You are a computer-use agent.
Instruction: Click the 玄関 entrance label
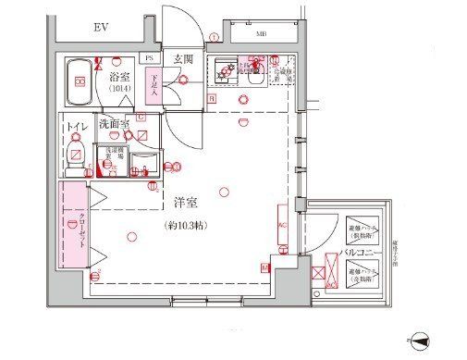coord(182,60)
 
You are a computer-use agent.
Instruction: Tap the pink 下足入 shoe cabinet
coord(154,86)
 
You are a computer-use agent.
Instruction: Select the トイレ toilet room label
coord(78,125)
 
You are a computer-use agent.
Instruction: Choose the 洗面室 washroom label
coord(117,124)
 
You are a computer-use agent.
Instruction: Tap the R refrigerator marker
coord(211,97)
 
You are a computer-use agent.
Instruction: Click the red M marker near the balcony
coord(265,268)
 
